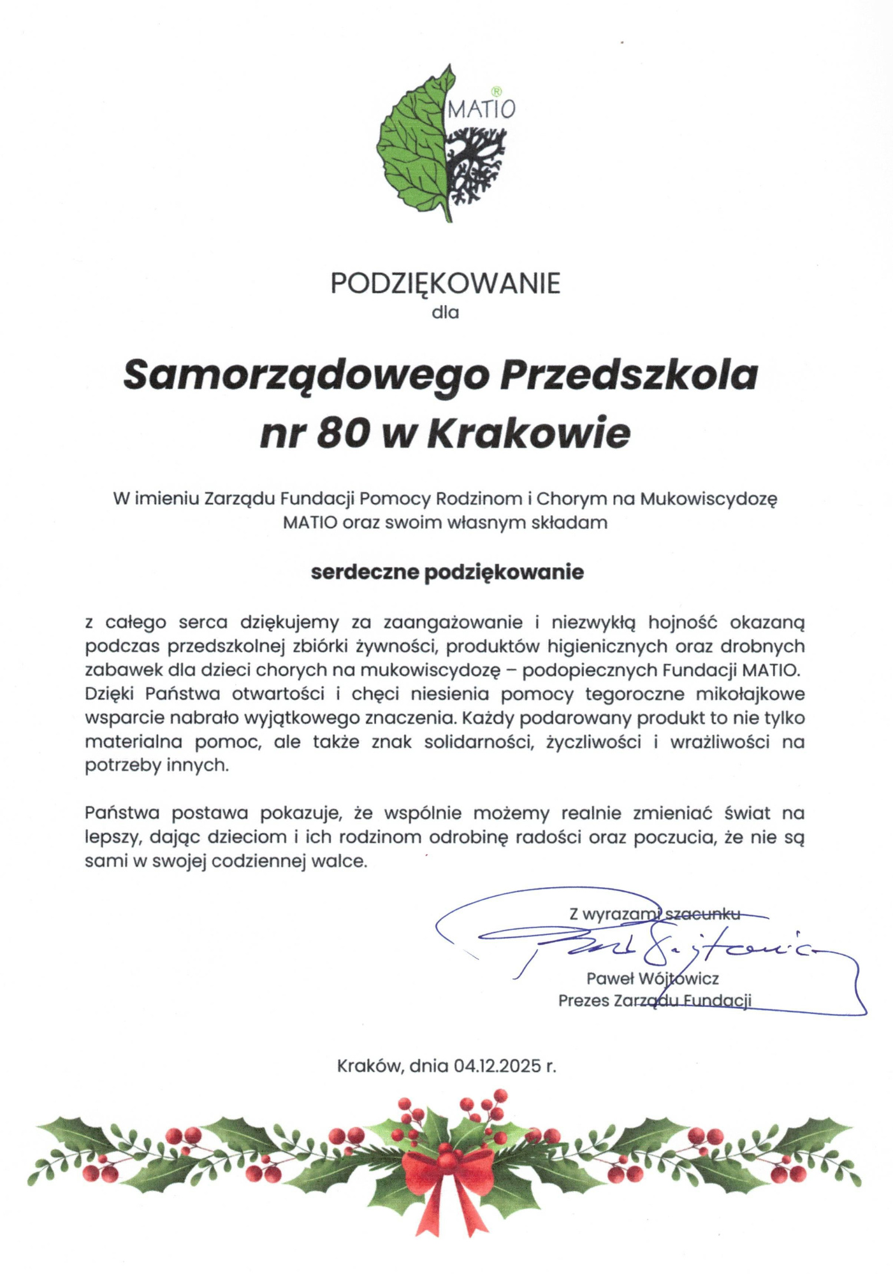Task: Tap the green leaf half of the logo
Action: [411, 150]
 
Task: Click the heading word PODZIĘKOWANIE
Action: [446, 283]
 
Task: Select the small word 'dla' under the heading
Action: [445, 313]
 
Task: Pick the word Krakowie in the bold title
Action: [528, 433]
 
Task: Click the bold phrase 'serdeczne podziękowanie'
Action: [447, 572]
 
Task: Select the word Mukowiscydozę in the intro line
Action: [708, 498]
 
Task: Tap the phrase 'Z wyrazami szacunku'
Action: [655, 914]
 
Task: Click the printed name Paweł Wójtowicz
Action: [652, 978]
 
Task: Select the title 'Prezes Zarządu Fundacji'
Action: [655, 1000]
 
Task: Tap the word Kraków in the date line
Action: [368, 1066]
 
